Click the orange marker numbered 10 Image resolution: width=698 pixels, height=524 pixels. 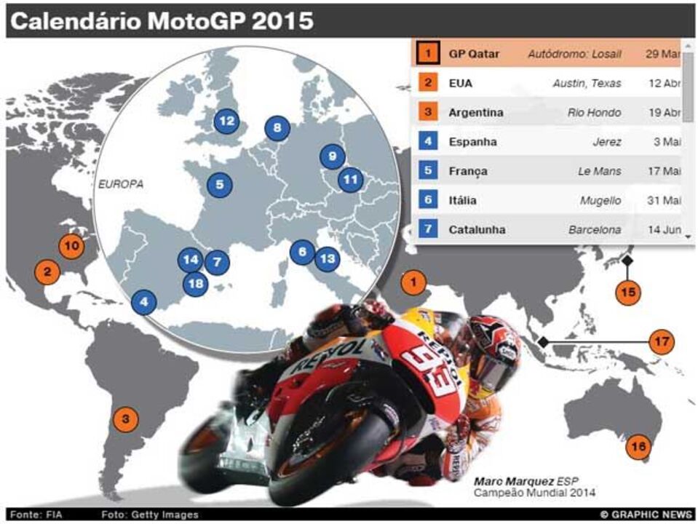click(71, 246)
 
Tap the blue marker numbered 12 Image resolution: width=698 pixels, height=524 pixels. click(226, 121)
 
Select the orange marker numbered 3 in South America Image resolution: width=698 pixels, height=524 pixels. click(126, 418)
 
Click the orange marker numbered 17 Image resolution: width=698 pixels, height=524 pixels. click(661, 341)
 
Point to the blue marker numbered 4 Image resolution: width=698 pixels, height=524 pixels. click(144, 301)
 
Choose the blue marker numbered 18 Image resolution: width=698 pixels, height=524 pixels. click(195, 283)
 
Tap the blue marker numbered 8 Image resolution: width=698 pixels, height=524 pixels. click(277, 129)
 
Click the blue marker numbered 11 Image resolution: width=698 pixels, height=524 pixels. click(351, 178)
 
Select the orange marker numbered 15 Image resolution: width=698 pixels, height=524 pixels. click(628, 293)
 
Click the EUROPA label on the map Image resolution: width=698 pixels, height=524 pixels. click(121, 184)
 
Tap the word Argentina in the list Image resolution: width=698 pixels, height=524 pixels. click(475, 113)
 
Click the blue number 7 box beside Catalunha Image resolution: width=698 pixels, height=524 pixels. click(428, 229)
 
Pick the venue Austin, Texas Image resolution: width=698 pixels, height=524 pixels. click(587, 83)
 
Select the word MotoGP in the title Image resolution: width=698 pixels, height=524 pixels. click(194, 21)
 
